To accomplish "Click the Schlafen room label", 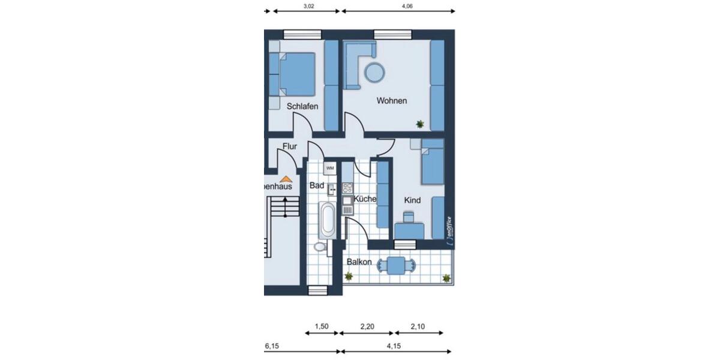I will (x=302, y=106).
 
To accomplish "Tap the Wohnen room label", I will (x=391, y=101).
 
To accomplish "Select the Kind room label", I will (x=412, y=200).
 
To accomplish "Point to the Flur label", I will (x=290, y=146).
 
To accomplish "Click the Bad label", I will (x=316, y=186).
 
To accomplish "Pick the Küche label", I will (x=365, y=199).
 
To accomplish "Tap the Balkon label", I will (x=359, y=262).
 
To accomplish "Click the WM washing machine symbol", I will (x=330, y=169).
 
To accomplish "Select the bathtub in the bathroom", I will (x=327, y=220).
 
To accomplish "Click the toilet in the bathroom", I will (x=320, y=246).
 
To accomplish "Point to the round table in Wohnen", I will (x=375, y=73).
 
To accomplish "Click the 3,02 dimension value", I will (x=307, y=6).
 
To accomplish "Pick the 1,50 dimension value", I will (x=322, y=326).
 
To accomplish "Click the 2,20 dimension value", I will (x=367, y=326).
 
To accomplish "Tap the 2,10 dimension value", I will (x=418, y=326).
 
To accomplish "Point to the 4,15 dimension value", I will (x=394, y=346).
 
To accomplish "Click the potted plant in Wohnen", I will (x=420, y=124).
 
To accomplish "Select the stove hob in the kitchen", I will (x=347, y=187).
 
